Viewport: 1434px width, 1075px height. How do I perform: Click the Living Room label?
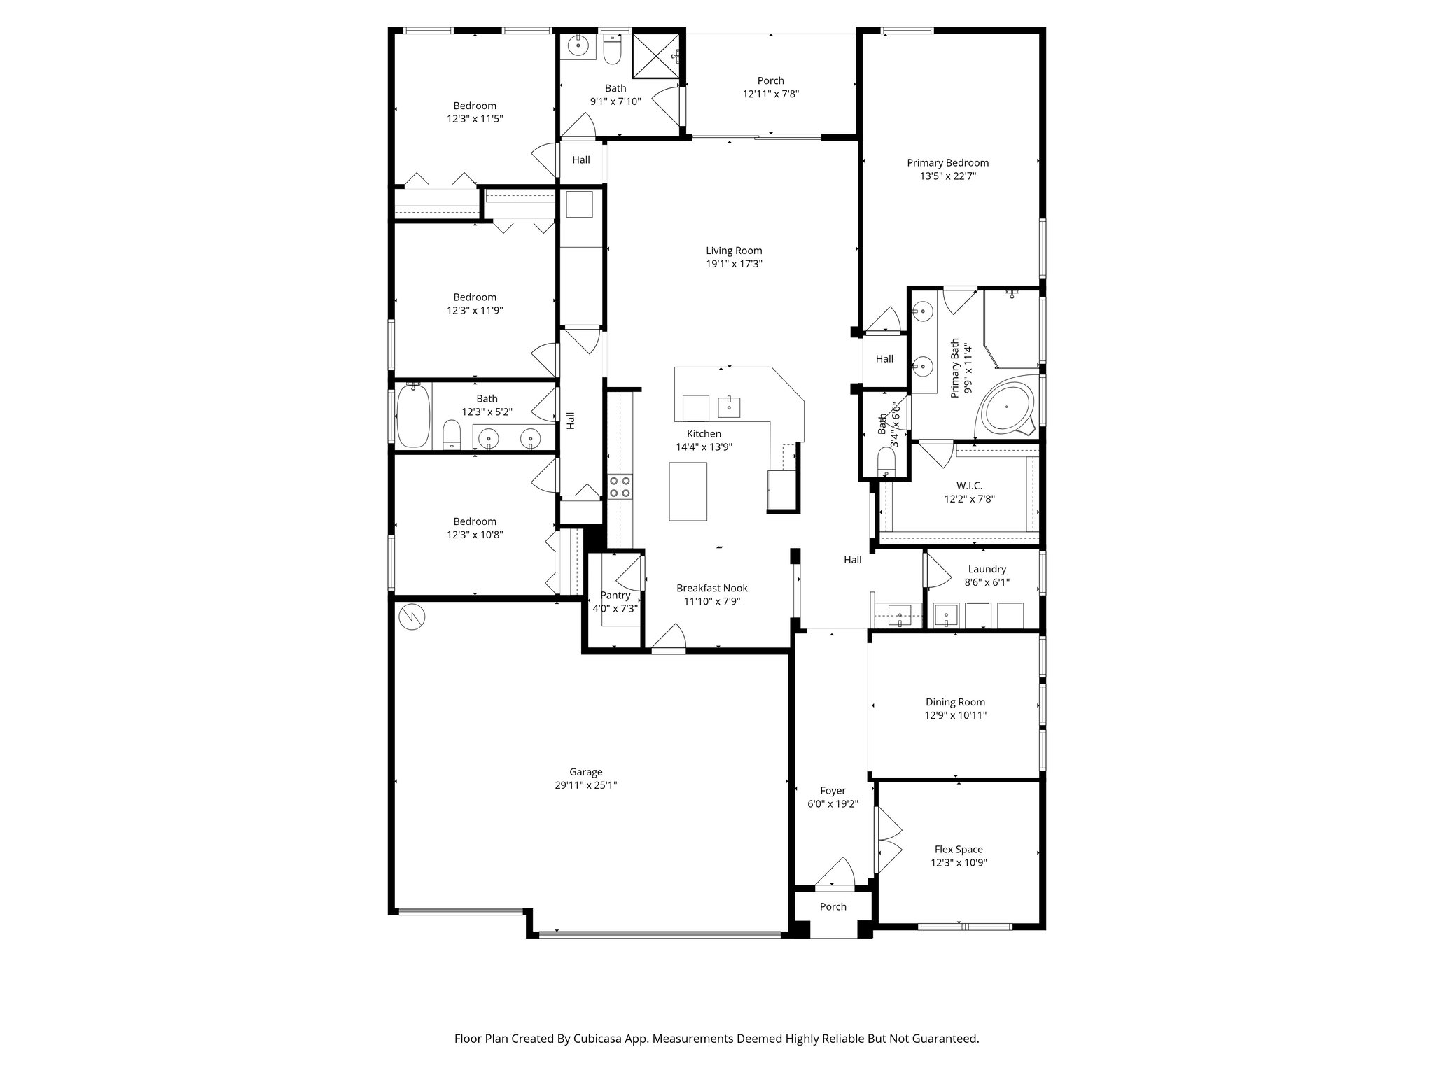pyautogui.click(x=733, y=251)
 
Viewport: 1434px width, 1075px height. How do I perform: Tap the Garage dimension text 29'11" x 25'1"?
pyautogui.click(x=585, y=785)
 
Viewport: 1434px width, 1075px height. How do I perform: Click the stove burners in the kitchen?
pyautogui.click(x=620, y=486)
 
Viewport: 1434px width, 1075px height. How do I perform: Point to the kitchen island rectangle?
pyautogui.click(x=688, y=491)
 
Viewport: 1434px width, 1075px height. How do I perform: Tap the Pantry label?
pyautogui.click(x=615, y=596)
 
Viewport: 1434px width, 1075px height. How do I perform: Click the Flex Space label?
pyautogui.click(x=958, y=850)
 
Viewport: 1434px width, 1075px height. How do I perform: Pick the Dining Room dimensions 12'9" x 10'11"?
pyautogui.click(x=955, y=715)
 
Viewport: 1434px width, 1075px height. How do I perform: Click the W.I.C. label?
pyautogui.click(x=969, y=486)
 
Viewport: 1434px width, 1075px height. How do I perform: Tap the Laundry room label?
pyautogui.click(x=987, y=570)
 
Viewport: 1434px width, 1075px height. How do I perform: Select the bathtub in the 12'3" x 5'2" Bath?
pyautogui.click(x=412, y=416)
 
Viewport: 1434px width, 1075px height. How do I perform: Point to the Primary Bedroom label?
pyautogui.click(x=947, y=163)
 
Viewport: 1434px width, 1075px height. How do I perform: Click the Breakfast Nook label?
pyautogui.click(x=711, y=589)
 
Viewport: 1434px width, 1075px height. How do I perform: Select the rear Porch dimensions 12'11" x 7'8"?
pyautogui.click(x=770, y=94)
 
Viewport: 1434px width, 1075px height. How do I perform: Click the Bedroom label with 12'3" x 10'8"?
pyautogui.click(x=474, y=521)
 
